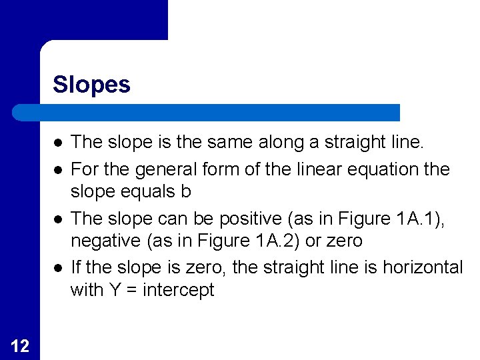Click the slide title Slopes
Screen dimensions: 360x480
point(91,85)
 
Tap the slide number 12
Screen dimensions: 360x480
point(20,345)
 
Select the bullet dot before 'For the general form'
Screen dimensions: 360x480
point(59,169)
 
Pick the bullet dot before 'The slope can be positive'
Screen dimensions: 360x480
point(59,218)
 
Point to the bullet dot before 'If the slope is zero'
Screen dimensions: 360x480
point(59,267)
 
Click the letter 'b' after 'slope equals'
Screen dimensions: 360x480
point(186,191)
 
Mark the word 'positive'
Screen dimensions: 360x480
point(236,219)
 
